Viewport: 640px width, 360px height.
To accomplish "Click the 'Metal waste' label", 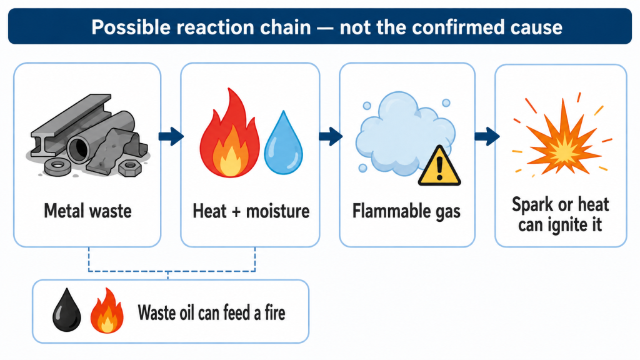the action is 87,211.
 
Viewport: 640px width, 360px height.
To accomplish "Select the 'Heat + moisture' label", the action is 251,211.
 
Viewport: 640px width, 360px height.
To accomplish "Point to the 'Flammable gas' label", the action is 406,211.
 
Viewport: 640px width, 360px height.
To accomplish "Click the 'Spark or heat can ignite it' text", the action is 561,215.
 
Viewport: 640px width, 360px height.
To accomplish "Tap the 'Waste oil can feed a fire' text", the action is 211,313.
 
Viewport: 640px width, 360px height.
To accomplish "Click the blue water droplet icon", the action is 283,142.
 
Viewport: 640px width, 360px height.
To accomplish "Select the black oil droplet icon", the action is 66,310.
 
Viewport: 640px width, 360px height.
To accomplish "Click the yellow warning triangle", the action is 439,166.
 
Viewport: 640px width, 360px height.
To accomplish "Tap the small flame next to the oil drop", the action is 107,311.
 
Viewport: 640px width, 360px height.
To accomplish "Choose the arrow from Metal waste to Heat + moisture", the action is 171,136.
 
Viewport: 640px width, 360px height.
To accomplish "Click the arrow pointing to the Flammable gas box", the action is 330,136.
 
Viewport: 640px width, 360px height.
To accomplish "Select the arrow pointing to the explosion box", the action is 487,136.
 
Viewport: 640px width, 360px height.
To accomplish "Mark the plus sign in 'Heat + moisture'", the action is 236,212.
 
